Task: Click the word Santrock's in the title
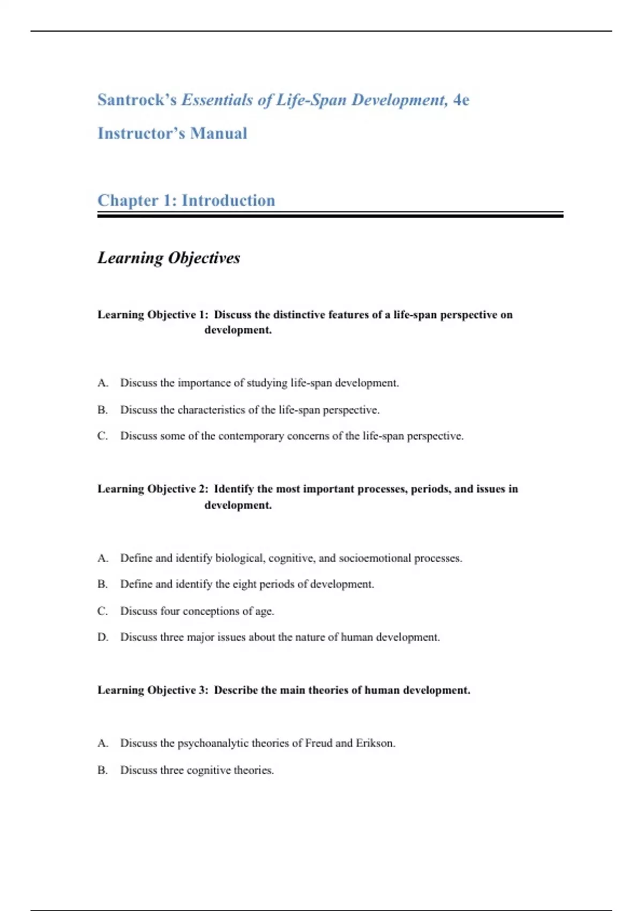pyautogui.click(x=137, y=100)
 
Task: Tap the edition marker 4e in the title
pyautogui.click(x=461, y=100)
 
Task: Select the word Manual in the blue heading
pyautogui.click(x=219, y=133)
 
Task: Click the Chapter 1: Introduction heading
pyautogui.click(x=186, y=200)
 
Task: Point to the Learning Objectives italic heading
pyautogui.click(x=168, y=258)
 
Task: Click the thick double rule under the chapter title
pyautogui.click(x=330, y=215)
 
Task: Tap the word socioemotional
pyautogui.click(x=375, y=558)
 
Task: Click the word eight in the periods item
pyautogui.click(x=244, y=584)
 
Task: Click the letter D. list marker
pyautogui.click(x=102, y=637)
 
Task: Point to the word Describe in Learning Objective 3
pyautogui.click(x=236, y=690)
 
